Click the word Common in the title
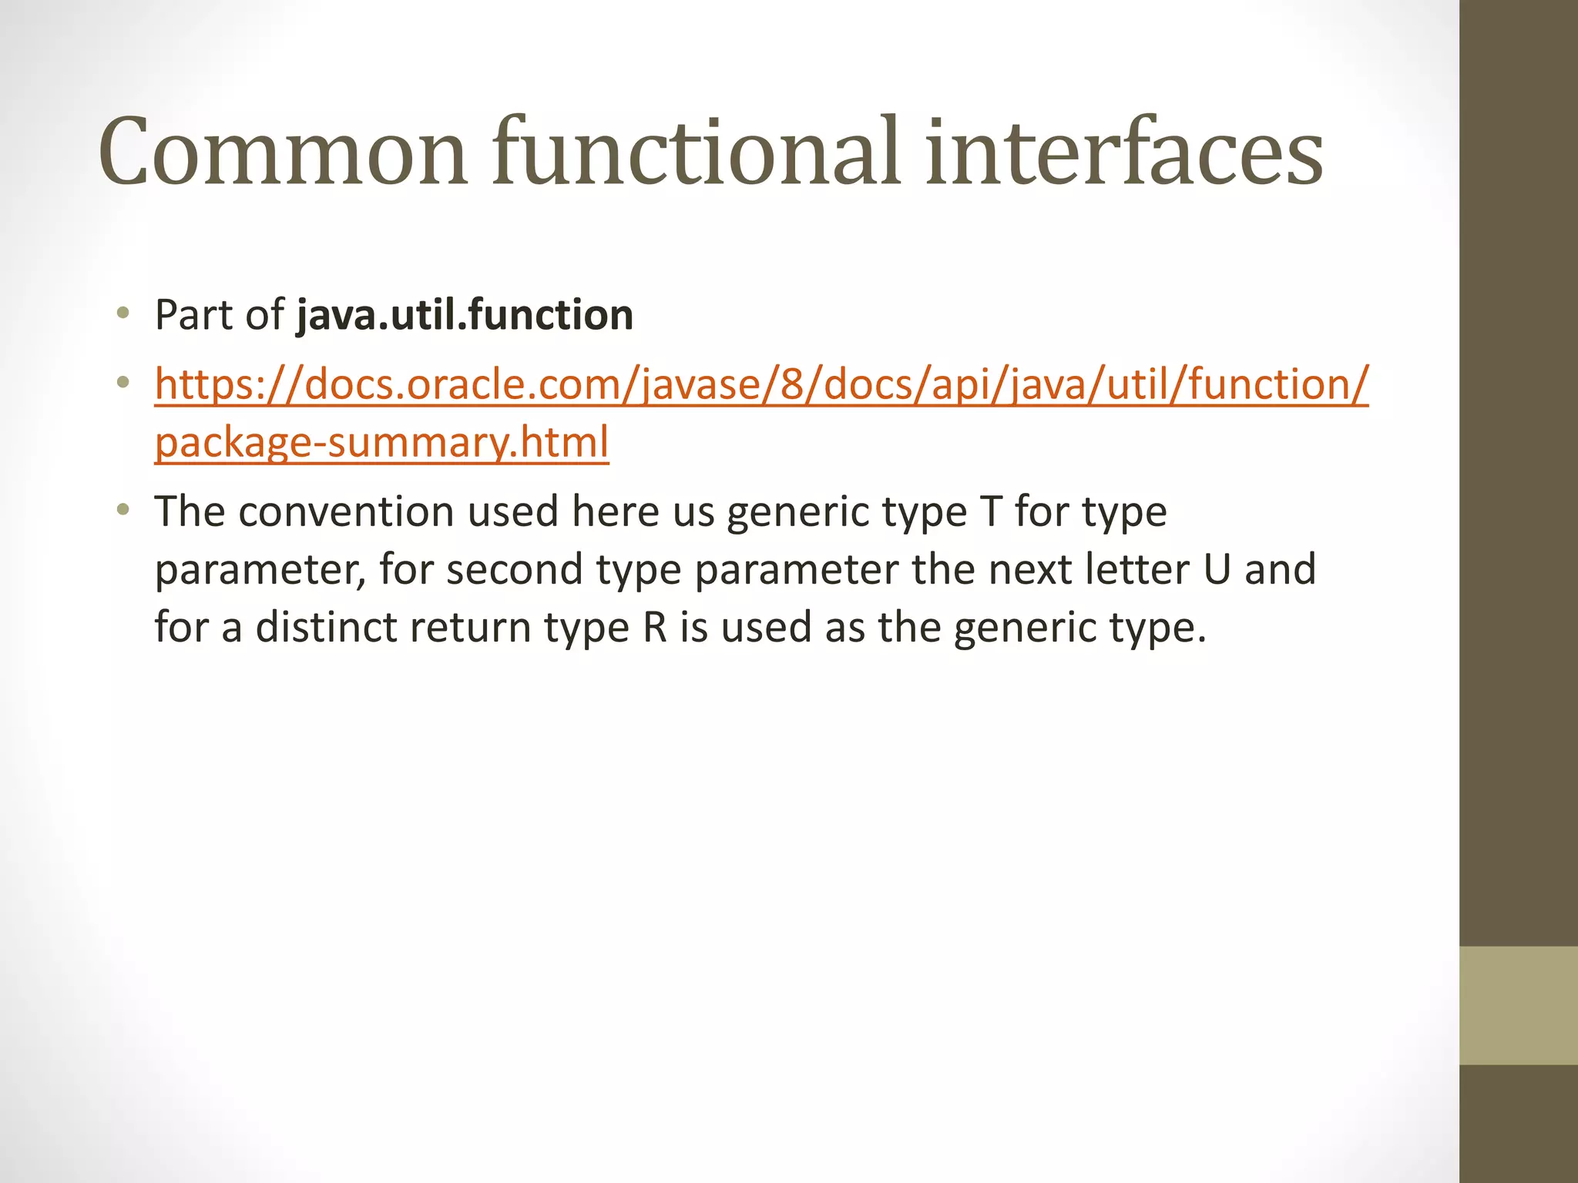283,152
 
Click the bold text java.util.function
465,315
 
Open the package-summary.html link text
381,442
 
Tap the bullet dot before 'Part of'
123,313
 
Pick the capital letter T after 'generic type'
992,511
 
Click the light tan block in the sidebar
1518,1005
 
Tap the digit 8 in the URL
793,384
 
